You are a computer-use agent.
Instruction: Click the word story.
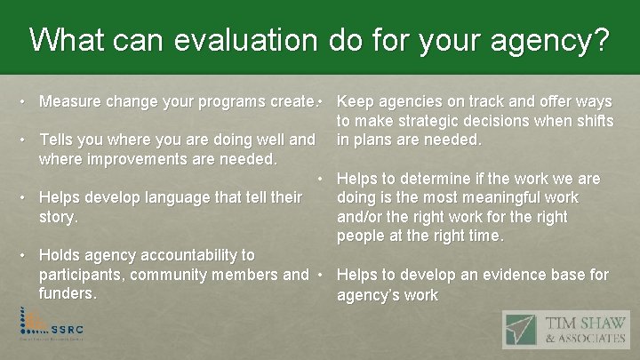point(59,217)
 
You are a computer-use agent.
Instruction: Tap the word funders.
point(68,294)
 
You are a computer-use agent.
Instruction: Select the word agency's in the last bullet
point(366,295)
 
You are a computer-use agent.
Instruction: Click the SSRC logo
point(52,326)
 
